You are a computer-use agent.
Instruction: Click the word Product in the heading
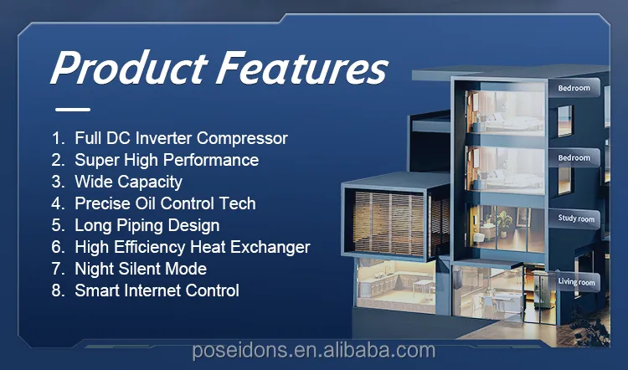pos(129,67)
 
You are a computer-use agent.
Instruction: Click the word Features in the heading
pos(301,67)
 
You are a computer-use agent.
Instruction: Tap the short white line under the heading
pos(73,109)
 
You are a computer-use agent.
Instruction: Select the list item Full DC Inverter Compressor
pos(181,138)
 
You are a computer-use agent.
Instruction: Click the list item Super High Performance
pos(167,160)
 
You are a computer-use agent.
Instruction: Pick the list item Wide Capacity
pos(128,182)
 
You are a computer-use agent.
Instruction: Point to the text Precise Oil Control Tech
pos(165,203)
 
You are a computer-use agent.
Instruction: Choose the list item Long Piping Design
pos(147,225)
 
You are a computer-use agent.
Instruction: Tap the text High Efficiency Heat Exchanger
pos(193,247)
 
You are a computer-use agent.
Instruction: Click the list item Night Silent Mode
pos(141,269)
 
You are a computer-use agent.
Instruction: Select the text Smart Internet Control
pos(157,290)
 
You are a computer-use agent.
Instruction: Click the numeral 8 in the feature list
pos(56,290)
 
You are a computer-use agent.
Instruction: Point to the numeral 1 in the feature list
pos(56,139)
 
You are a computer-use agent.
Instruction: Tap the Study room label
pos(576,218)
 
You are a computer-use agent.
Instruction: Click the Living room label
pos(576,282)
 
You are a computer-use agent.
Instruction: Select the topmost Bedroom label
pos(574,88)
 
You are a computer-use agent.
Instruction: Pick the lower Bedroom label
pos(574,157)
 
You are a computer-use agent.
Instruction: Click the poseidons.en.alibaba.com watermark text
pos(314,351)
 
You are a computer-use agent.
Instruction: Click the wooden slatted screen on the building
pos(389,224)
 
